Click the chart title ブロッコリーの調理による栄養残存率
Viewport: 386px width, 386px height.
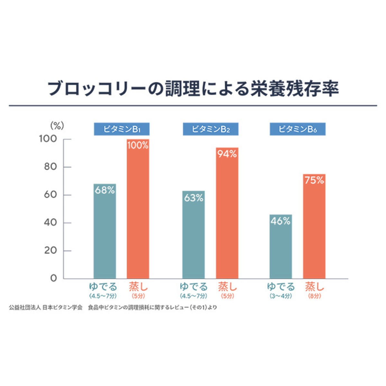pos(193,88)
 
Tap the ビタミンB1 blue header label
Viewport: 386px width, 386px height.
pos(122,129)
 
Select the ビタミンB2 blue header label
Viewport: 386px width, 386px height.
pos(211,129)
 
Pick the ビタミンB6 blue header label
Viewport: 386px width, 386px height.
pos(298,129)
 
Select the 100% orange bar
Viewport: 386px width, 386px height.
pos(138,209)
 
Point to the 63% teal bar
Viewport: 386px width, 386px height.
pos(193,235)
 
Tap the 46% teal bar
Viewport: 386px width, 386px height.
pos(280,246)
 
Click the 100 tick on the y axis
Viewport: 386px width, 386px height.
pos(48,139)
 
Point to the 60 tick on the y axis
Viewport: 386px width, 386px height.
pos(50,195)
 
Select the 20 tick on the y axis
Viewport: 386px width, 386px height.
pos(51,251)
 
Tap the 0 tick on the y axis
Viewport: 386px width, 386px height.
pos(53,279)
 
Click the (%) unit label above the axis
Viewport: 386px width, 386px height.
pos(57,125)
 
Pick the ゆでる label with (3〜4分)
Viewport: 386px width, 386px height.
pos(281,287)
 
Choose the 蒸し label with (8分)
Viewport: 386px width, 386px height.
pos(315,287)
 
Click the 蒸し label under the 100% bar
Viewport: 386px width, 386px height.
pos(138,287)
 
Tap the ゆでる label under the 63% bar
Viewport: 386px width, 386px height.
pos(193,287)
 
